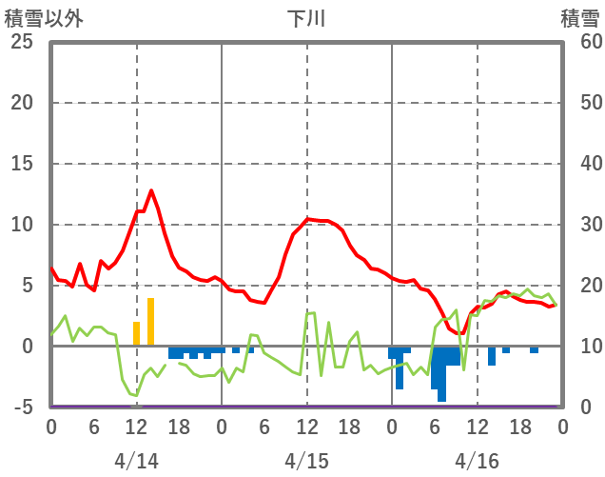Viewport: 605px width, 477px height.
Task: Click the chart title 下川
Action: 306,19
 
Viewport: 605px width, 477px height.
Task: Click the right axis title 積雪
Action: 579,19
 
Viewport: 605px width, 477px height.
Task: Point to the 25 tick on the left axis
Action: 22,42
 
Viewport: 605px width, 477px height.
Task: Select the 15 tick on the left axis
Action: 22,164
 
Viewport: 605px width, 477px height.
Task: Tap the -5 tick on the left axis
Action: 22,407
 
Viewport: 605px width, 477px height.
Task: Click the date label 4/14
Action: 136,461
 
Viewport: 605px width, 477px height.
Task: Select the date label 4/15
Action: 306,461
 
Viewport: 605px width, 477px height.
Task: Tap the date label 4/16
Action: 477,461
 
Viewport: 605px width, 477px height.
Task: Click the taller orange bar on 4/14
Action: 150,322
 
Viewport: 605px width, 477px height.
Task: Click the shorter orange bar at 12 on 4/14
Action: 136,334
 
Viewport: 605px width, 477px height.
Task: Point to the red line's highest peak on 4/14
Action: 150,190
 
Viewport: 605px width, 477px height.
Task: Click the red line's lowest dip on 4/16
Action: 462,333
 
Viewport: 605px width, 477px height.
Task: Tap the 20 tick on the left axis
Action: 22,103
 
